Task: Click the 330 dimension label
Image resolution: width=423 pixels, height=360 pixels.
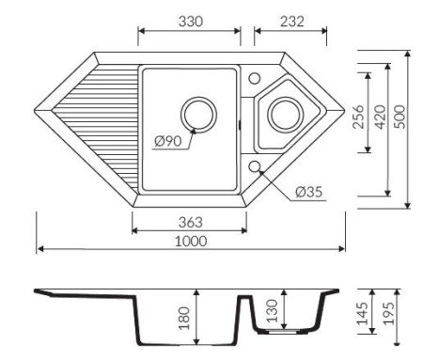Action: [191, 22]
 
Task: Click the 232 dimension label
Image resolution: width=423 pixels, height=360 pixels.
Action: [292, 22]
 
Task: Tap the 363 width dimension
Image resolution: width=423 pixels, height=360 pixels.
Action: [191, 222]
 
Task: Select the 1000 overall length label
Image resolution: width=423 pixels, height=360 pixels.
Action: [191, 242]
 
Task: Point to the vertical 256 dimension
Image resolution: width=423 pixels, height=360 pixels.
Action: [358, 117]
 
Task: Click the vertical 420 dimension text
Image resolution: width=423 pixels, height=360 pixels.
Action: [380, 117]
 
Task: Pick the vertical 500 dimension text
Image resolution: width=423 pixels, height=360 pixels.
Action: [399, 117]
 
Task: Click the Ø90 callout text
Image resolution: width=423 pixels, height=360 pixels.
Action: [168, 141]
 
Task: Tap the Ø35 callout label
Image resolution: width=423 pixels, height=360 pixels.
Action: [308, 192]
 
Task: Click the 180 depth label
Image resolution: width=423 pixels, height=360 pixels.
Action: [184, 318]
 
